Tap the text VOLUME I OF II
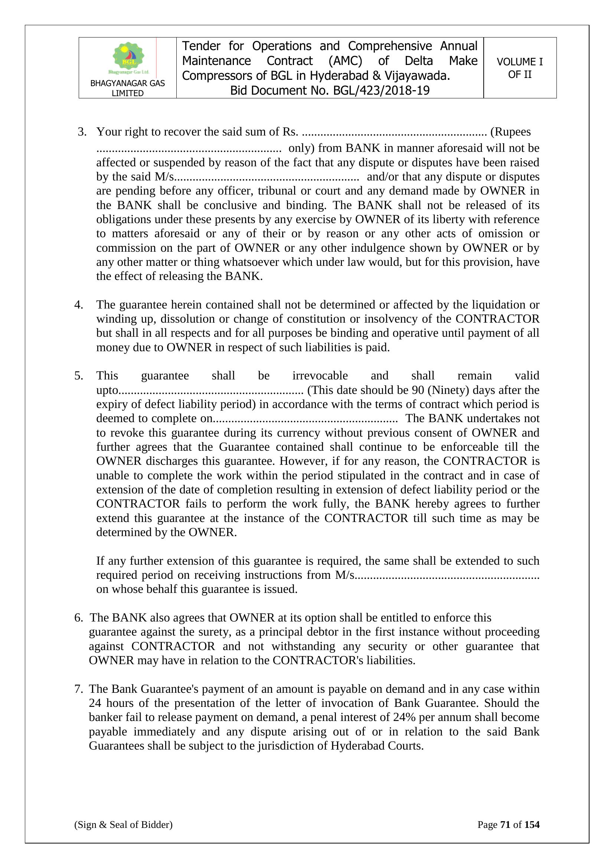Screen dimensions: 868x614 519,68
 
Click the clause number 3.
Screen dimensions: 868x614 82,132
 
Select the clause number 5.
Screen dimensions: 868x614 79,376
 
